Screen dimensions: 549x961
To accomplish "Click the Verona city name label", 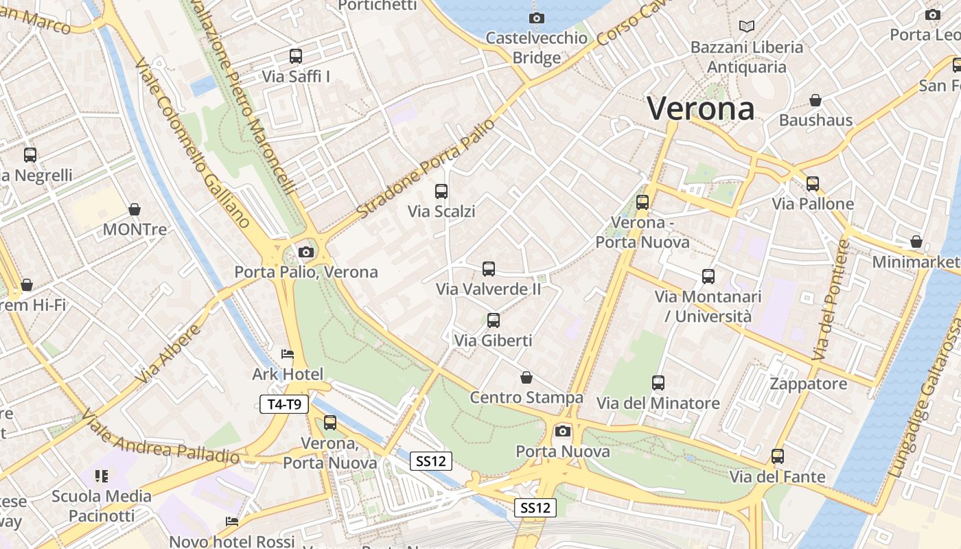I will click(701, 108).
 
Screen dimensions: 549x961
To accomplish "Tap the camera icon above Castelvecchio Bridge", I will click(537, 18).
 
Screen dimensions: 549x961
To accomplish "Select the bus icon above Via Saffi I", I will click(296, 56).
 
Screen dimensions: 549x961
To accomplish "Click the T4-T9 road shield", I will click(284, 404).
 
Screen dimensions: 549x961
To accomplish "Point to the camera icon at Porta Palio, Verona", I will click(306, 252).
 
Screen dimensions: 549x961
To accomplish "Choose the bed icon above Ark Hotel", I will click(288, 354).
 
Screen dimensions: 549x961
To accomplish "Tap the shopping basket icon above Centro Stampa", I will click(526, 377).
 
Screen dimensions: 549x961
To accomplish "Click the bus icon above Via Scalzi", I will click(441, 191).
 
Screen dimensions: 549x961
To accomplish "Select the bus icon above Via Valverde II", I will click(489, 269).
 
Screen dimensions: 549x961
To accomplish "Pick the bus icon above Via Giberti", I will click(494, 320).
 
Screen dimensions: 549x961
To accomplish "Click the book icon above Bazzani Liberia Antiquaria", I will click(747, 27).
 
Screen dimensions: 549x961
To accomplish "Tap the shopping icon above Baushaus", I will click(815, 101).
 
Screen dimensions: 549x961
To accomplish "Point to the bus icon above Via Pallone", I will click(813, 183).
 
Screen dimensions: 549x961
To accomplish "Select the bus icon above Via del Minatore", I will click(658, 383).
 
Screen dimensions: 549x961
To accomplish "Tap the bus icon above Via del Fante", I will click(778, 456).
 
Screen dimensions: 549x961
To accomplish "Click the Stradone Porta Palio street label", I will click(426, 169).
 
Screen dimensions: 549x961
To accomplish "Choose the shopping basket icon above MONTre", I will click(135, 209).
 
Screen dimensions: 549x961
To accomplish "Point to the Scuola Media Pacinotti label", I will click(102, 506).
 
